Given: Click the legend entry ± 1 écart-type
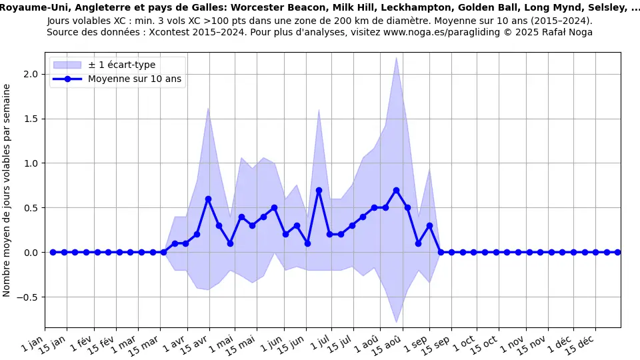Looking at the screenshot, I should click(x=121, y=65).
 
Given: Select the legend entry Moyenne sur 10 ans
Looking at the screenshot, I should click(x=135, y=79).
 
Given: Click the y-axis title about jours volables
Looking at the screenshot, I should click(x=7, y=190).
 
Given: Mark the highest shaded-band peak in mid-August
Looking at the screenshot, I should click(x=396, y=57).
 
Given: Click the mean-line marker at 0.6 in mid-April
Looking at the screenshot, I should click(x=208, y=199).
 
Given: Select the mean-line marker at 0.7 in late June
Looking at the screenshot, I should click(x=319, y=190).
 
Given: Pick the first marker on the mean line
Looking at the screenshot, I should click(x=53, y=252).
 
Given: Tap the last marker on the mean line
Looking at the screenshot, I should click(x=617, y=252).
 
